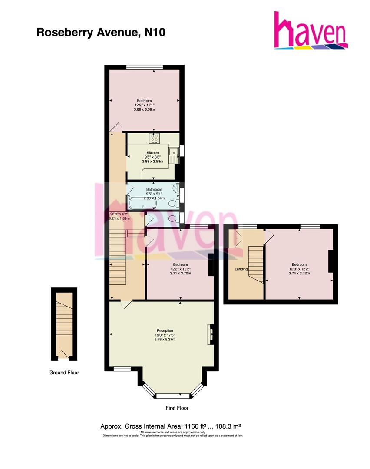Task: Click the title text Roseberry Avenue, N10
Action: pos(101,33)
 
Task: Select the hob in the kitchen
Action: pos(154,138)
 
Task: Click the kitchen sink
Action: pos(175,155)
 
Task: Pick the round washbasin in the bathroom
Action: pos(176,188)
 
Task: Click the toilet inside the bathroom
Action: pos(175,203)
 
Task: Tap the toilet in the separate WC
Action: pos(175,218)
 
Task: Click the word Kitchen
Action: pos(153,152)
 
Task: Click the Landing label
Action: pos(241,269)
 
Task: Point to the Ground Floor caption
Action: pos(64,372)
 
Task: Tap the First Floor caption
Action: pos(177,408)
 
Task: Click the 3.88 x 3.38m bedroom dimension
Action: pos(145,109)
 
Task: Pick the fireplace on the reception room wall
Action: pos(211,334)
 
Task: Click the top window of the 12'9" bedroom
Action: pos(145,67)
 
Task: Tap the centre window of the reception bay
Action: pos(173,396)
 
